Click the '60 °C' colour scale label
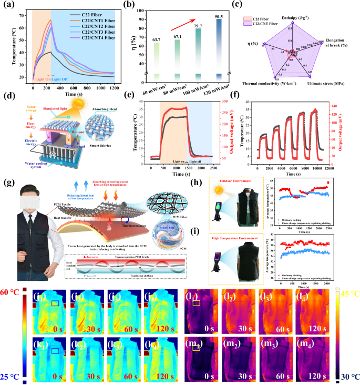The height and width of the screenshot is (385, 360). point(11,293)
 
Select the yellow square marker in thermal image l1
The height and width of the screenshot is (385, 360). point(197,303)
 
